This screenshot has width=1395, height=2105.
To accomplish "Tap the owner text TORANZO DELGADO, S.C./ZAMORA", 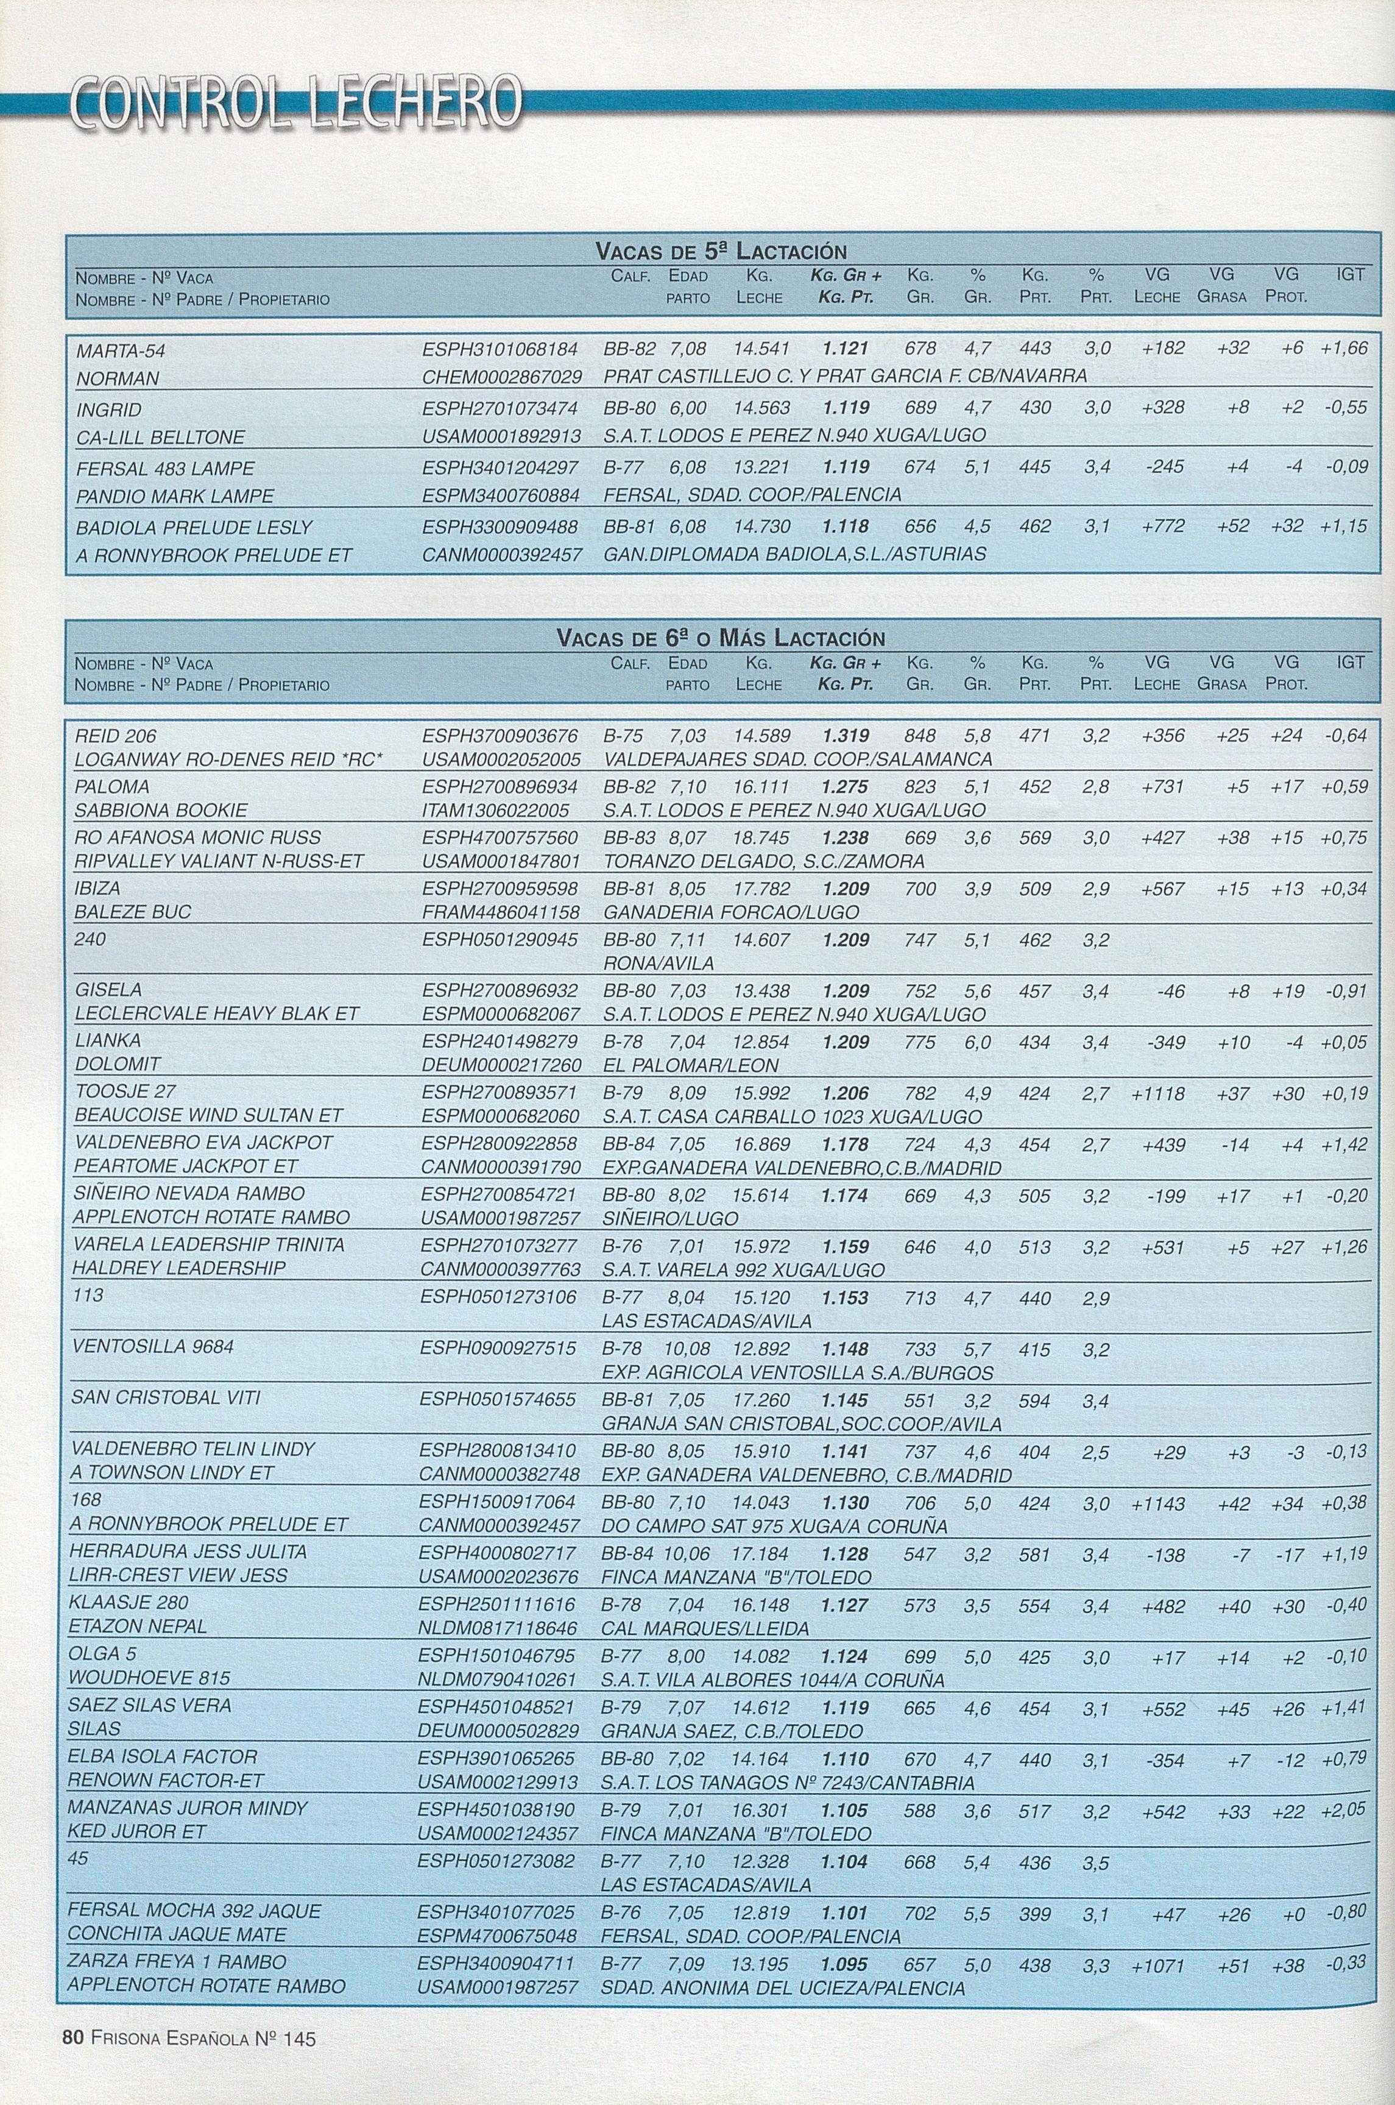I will click(x=763, y=862).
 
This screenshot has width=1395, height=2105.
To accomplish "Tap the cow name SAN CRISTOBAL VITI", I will click(x=166, y=1397).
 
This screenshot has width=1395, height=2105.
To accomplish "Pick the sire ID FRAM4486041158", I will click(x=500, y=912).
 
